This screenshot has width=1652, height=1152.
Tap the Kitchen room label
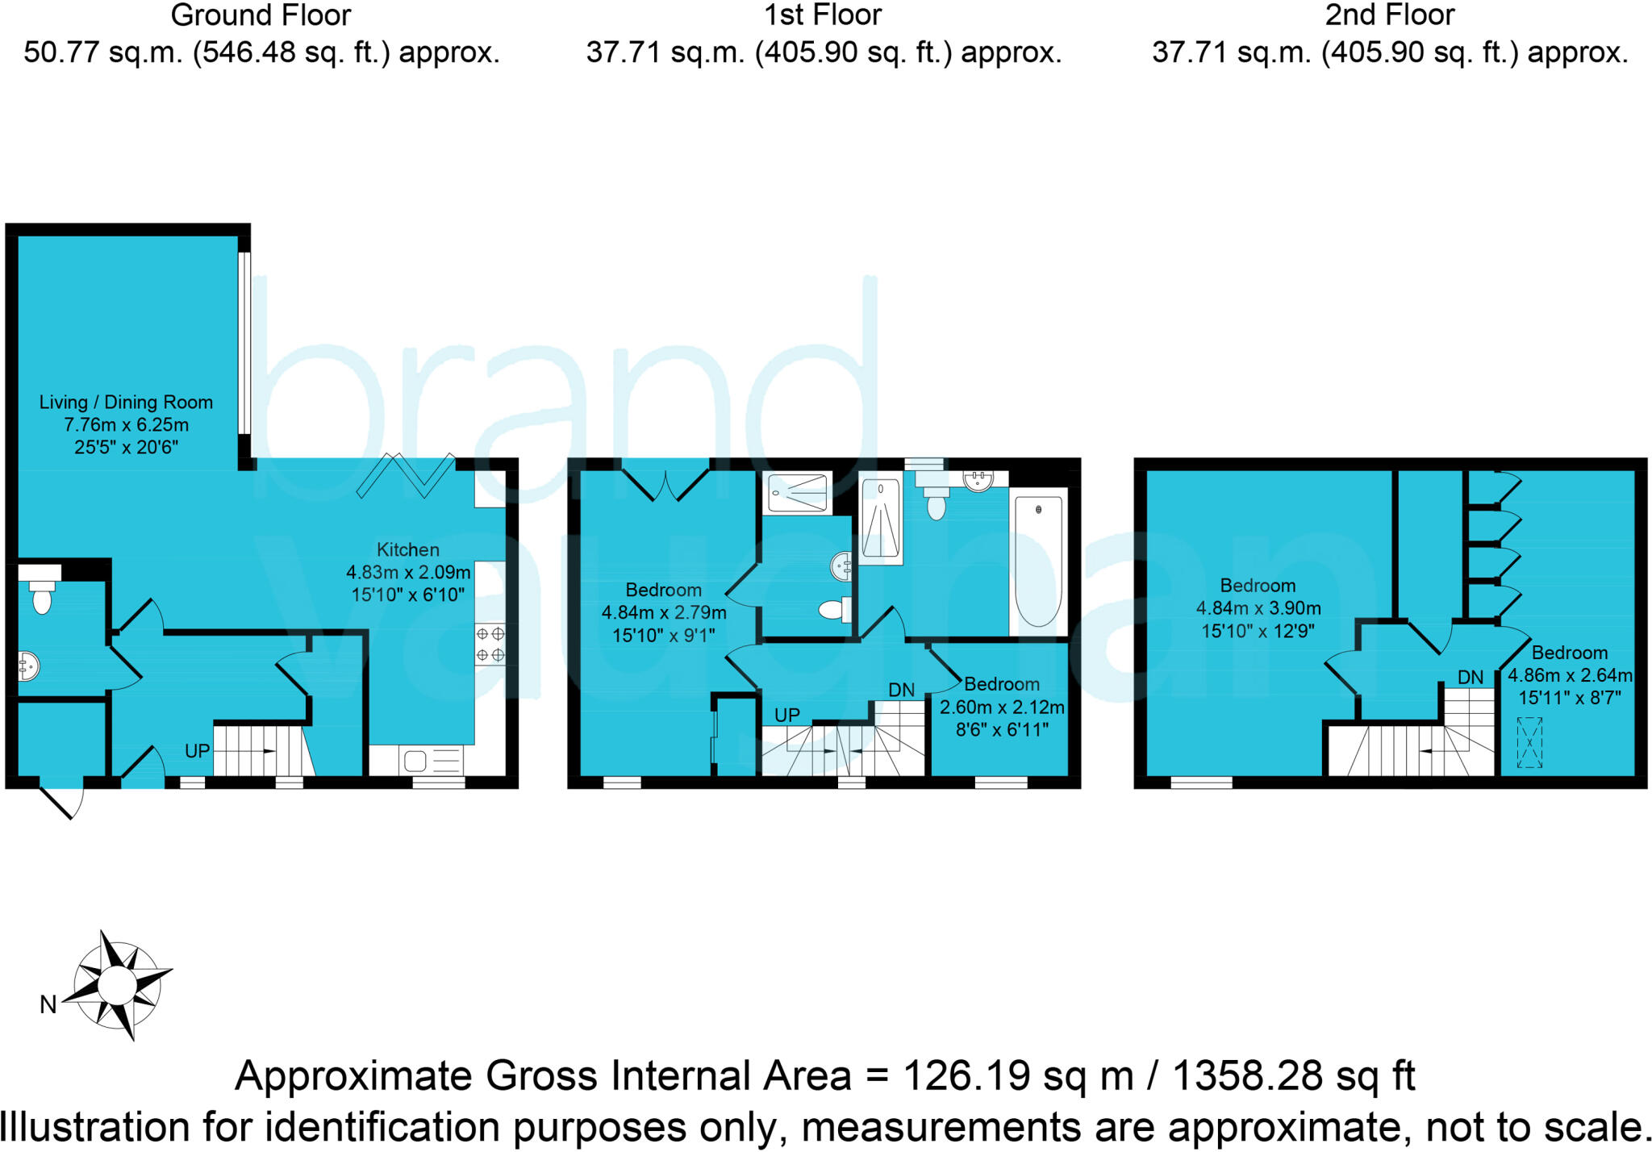[408, 550]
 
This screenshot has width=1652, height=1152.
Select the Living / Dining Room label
[126, 403]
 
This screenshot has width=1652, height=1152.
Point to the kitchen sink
[431, 760]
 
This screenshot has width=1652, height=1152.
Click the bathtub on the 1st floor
[1039, 562]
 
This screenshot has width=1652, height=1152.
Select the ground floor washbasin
[28, 667]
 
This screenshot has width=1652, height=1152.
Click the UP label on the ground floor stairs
[198, 751]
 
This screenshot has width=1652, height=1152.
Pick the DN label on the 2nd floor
[1471, 678]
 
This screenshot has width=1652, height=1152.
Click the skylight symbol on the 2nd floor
[1529, 742]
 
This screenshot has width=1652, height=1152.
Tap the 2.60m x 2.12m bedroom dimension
[1002, 707]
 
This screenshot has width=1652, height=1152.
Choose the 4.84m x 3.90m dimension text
[1258, 608]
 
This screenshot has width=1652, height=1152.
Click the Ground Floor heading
[261, 15]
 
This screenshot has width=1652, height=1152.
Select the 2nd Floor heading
[1390, 15]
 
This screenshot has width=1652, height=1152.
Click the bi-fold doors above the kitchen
[407, 477]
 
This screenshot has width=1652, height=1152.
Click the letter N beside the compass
[48, 1004]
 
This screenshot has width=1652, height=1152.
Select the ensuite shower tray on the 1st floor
[798, 493]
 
